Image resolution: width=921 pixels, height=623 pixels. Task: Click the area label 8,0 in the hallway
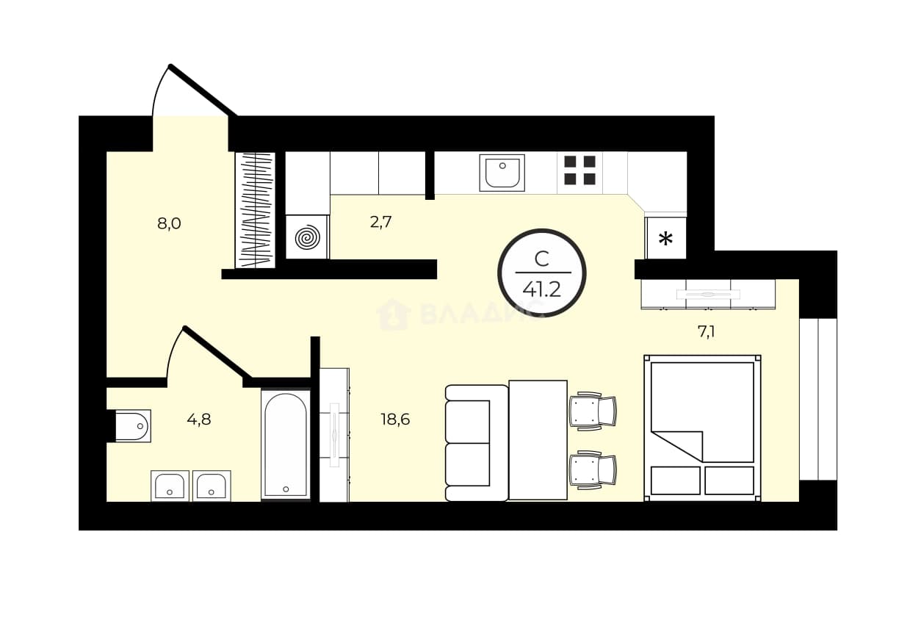click(169, 223)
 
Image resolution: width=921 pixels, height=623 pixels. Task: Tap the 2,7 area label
click(380, 222)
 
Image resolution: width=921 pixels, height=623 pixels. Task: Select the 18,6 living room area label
click(395, 419)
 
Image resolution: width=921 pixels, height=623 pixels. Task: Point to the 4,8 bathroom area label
click(199, 419)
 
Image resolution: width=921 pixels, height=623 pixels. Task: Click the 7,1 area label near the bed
click(706, 331)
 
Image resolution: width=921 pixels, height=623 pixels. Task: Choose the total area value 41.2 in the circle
click(542, 290)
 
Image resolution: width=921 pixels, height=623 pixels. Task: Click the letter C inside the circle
click(542, 259)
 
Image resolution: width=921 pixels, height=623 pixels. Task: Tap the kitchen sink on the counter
click(502, 173)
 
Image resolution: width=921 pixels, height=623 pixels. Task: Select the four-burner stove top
click(579, 170)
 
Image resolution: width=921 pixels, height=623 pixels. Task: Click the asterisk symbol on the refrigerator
click(665, 239)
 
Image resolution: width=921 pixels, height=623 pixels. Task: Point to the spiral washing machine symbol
click(307, 237)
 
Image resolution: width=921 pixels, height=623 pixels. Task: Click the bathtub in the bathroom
click(286, 444)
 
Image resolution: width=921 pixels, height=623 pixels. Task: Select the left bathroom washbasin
click(170, 486)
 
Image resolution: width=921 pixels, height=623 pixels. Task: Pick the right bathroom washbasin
click(212, 486)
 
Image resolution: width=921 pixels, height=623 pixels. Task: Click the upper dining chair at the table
click(593, 411)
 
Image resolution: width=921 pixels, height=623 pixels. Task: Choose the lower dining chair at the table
click(593, 470)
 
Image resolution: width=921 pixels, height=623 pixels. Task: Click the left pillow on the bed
click(676, 480)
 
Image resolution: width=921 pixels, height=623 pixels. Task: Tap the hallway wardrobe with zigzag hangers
click(255, 210)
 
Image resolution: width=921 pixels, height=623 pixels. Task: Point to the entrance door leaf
click(203, 90)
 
